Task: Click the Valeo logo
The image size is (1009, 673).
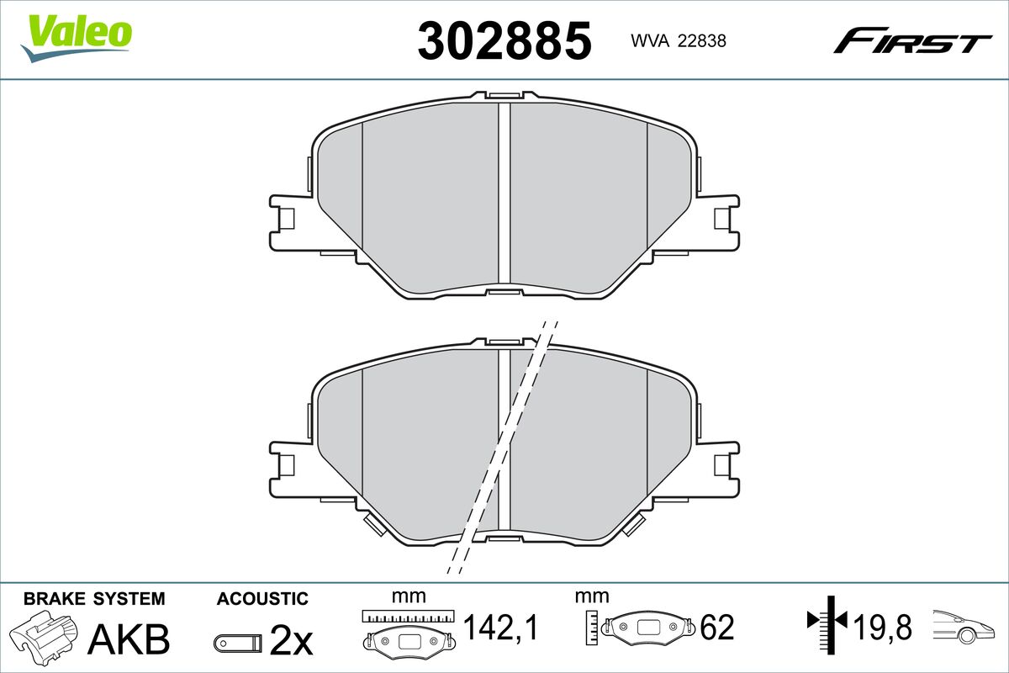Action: pos(77,38)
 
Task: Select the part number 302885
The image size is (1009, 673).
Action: pos(504,40)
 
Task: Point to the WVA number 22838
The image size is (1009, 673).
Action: pos(679,41)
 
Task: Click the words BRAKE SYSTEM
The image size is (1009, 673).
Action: pos(94,599)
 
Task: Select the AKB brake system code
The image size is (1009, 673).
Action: pos(129,639)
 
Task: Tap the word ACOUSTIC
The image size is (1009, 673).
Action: pos(262,599)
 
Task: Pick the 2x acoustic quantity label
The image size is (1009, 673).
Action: pos(291,640)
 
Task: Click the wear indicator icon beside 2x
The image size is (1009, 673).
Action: pos(237,643)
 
